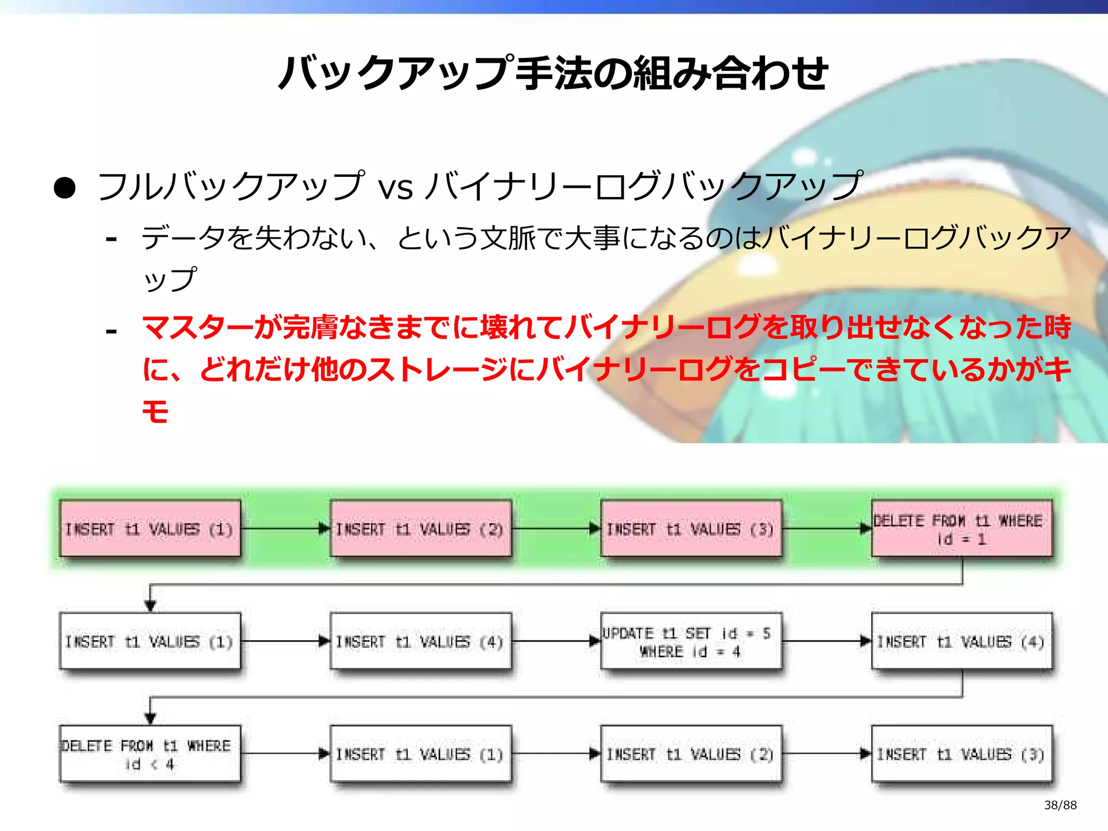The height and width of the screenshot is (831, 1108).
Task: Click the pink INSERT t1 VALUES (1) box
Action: coord(150,529)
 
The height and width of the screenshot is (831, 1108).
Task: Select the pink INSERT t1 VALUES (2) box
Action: coord(420,529)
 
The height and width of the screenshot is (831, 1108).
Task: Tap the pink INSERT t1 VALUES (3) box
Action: coord(691,529)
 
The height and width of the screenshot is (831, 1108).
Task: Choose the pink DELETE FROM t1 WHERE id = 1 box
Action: coord(962,529)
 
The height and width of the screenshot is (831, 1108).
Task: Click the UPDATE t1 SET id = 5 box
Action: coord(691,642)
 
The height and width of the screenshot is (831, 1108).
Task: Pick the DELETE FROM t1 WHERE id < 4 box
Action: coord(150,754)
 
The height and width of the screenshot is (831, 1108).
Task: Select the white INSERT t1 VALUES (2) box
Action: coord(691,754)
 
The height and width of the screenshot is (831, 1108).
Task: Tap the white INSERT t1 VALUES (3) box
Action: coord(962,754)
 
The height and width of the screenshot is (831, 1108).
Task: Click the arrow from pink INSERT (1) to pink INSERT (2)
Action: coord(285,529)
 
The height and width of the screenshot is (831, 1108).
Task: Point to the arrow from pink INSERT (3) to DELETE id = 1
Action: coord(827,529)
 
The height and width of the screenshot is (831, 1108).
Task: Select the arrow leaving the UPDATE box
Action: coord(827,642)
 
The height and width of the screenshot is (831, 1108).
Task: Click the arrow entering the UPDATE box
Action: coord(556,642)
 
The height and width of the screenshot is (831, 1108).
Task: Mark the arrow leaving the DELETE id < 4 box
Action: coord(285,754)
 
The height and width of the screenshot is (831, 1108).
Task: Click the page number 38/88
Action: coord(1060,805)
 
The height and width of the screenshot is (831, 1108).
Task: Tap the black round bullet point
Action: coord(65,188)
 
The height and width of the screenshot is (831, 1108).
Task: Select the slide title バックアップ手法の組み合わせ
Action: coord(553,73)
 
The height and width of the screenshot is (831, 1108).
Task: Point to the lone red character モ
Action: coord(155,411)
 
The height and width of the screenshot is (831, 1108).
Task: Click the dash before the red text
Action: coord(111,331)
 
